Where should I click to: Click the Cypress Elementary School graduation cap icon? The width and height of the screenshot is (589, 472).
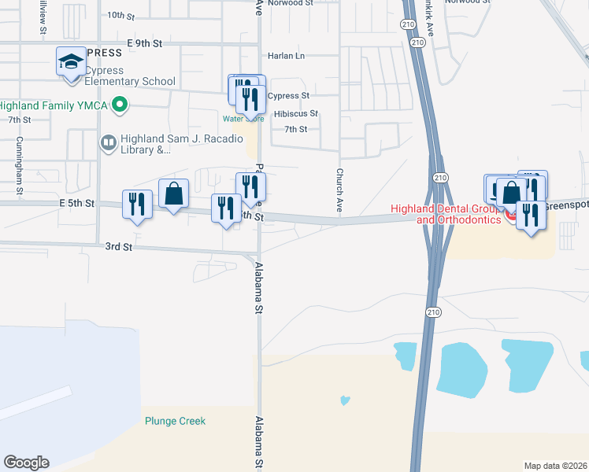coord(71,61)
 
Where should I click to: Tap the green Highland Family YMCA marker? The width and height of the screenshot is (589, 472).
coord(120,103)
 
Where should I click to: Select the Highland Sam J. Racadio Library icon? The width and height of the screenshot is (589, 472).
coord(108,142)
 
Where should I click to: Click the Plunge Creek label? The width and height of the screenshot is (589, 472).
coord(175,421)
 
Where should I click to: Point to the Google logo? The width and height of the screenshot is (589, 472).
coord(26,463)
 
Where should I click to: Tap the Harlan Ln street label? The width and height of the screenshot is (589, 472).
coord(286,56)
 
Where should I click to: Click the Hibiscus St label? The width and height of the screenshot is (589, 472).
coord(295,114)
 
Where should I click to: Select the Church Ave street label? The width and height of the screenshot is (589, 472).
coord(340,190)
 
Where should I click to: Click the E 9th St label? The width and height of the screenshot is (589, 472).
coord(143,42)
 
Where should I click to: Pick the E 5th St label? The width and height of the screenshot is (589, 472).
coord(76,203)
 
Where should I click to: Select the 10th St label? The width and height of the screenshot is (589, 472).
coord(121,15)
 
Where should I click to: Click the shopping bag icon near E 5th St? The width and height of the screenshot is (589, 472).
coord(173,194)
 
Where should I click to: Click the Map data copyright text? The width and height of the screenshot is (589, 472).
coord(555,465)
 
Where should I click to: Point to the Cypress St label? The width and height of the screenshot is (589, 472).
coord(288,96)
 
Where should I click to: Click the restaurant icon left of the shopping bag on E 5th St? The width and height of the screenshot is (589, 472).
coord(137,205)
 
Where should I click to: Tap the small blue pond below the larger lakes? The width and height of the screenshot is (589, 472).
coord(345,400)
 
